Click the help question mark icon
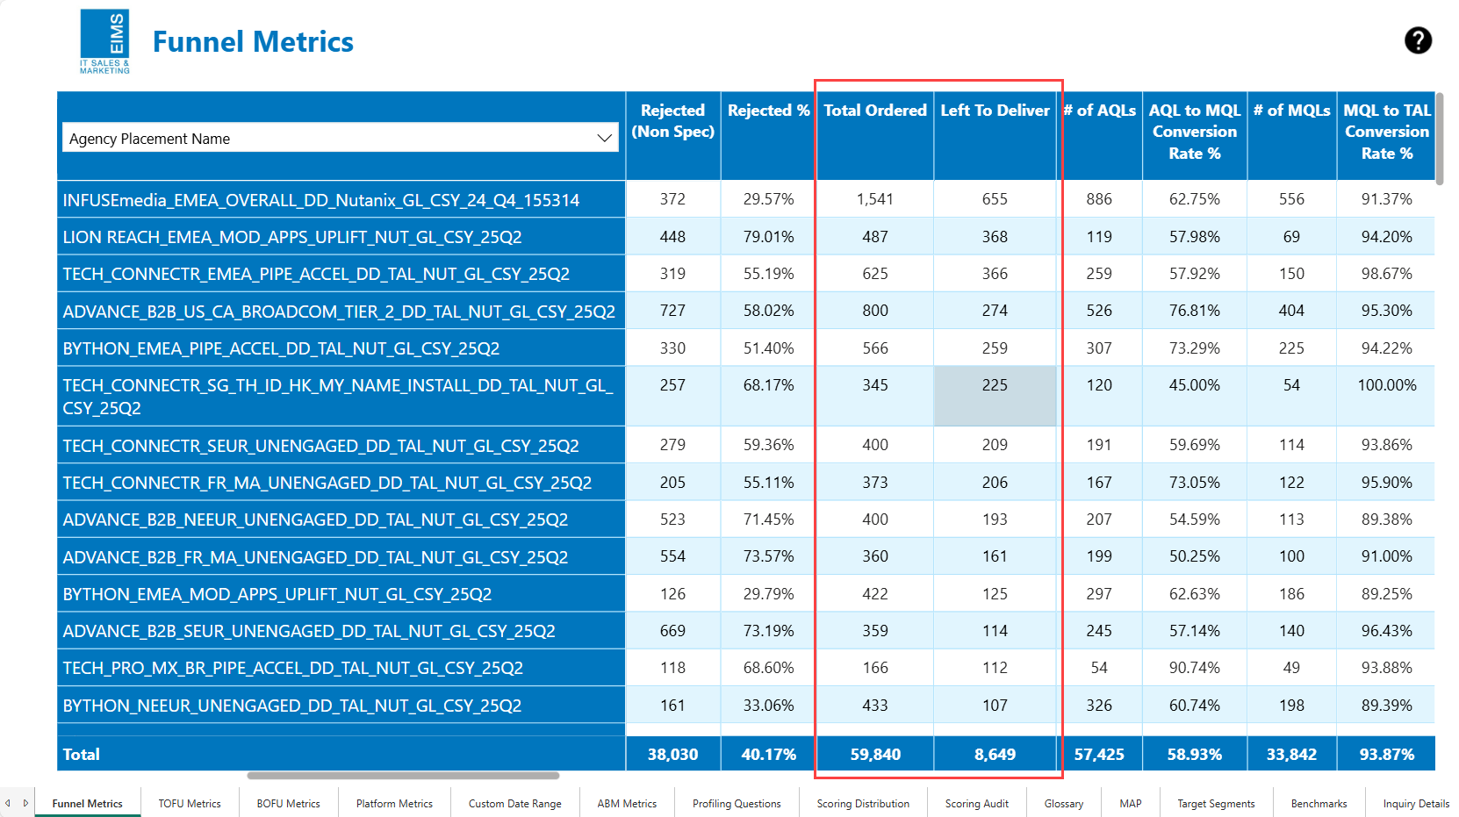1418,40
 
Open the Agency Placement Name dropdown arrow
604,138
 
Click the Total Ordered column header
874,111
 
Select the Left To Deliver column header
995,111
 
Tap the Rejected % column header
768,111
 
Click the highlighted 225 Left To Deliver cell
995,386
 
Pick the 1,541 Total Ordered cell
874,200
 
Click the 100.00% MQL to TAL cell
1386,385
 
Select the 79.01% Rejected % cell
768,237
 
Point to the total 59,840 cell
874,755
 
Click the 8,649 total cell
995,755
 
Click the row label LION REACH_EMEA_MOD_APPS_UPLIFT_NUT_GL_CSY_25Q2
292,238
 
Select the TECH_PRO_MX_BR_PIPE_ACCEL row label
292,669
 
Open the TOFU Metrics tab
190,804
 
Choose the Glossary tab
1063,804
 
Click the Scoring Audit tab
976,804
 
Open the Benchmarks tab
1319,804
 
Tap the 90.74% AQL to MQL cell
1194,668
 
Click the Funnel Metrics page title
253,42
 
